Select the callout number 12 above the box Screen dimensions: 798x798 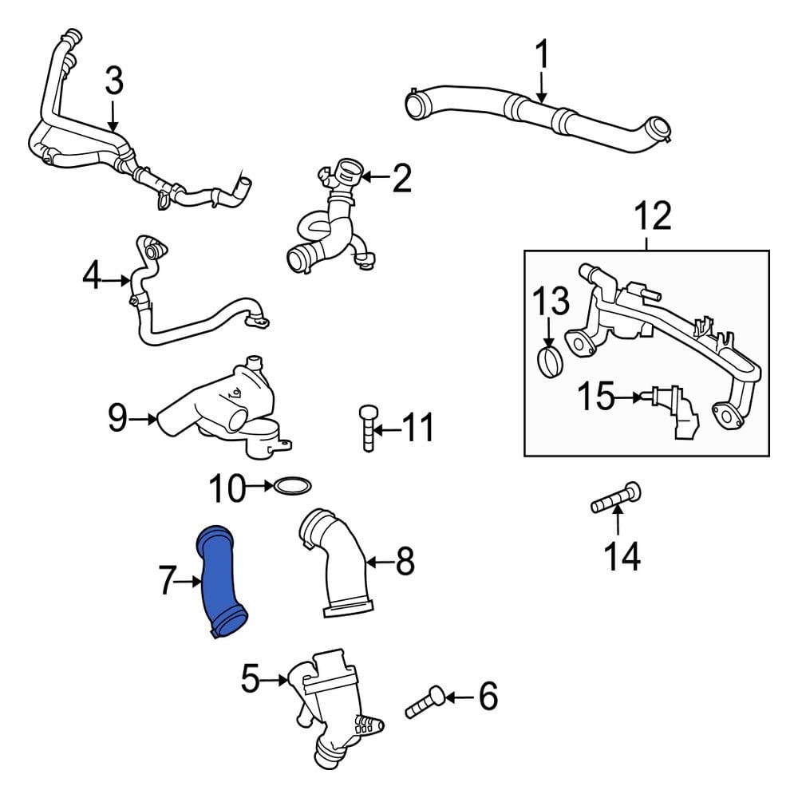pyautogui.click(x=653, y=216)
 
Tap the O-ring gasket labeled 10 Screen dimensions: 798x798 pyautogui.click(x=293, y=485)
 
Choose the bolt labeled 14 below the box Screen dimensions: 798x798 pyautogui.click(x=615, y=500)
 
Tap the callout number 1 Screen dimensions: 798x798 pyautogui.click(x=542, y=55)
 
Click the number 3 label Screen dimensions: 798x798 pyautogui.click(x=114, y=81)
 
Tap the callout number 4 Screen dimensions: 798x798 pyautogui.click(x=93, y=279)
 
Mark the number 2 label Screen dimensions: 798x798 pyautogui.click(x=401, y=180)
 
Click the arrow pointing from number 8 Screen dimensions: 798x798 pyautogui.click(x=379, y=563)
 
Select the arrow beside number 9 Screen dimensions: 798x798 pyautogui.click(x=146, y=417)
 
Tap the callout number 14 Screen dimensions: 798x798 pyautogui.click(x=621, y=556)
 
